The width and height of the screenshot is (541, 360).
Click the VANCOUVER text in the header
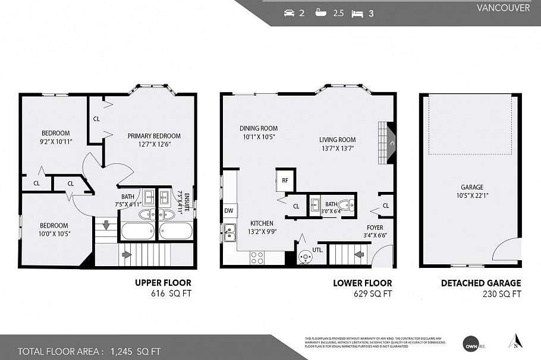coord(504,8)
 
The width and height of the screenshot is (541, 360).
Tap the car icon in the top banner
coord(289,12)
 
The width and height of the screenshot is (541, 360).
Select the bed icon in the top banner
coord(357,12)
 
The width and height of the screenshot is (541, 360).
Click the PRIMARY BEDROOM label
coord(154,136)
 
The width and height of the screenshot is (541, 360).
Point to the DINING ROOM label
coord(259,128)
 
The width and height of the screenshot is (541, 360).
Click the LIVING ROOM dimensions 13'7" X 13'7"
coord(337,149)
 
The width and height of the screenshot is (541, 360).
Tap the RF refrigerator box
coord(285,180)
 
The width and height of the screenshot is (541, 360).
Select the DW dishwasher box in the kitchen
coord(229,210)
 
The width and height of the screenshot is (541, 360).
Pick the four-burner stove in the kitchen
coord(256,257)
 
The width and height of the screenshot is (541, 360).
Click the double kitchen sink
coord(229,232)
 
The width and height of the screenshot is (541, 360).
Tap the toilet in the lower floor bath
coord(348,206)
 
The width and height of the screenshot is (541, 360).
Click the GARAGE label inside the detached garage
coord(472,187)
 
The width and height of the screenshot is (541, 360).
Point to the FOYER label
coord(375,228)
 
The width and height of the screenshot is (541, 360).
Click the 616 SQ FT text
coord(171,293)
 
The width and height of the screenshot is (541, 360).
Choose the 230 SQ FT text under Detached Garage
coord(505,293)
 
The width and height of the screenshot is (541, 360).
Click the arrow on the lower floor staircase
coord(359,254)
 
